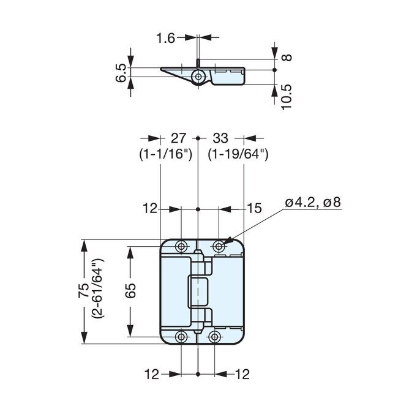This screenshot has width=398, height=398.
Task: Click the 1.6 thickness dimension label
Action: point(165,38)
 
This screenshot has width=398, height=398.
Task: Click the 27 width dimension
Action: point(178,139)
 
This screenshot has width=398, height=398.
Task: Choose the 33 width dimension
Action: point(220,139)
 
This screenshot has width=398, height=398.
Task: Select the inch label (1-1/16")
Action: point(166,155)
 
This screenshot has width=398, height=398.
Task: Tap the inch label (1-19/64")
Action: point(238,155)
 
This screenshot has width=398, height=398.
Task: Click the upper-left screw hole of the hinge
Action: point(182,246)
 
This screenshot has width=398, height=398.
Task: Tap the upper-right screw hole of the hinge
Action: point(219,246)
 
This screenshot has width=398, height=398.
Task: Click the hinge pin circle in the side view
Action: point(198,75)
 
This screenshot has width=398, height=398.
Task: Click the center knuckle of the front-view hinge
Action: point(198,292)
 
